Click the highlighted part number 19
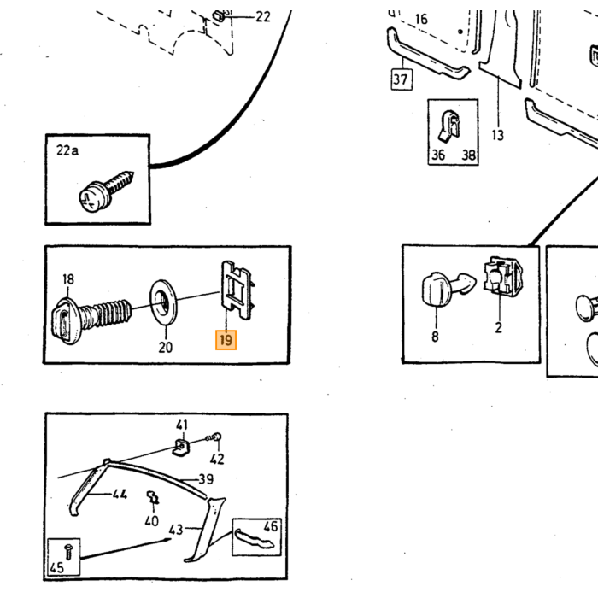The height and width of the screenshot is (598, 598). (226, 340)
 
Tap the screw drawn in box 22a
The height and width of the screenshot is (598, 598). (106, 191)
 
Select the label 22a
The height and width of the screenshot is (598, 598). (67, 150)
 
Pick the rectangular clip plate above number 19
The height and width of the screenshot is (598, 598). (237, 290)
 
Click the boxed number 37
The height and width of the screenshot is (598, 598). (402, 79)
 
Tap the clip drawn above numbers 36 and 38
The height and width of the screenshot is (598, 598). (450, 125)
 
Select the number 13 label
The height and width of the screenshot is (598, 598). (498, 135)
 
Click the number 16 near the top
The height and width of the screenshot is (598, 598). (421, 19)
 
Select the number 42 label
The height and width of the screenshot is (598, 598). (217, 460)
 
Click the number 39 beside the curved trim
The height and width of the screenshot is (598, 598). (207, 479)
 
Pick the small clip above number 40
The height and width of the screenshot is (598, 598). (153, 497)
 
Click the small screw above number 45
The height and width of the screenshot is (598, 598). (68, 552)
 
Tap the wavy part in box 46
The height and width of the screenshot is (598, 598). (254, 538)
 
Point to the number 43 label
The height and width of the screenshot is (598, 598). (176, 530)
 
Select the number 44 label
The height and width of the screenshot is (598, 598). (120, 495)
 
